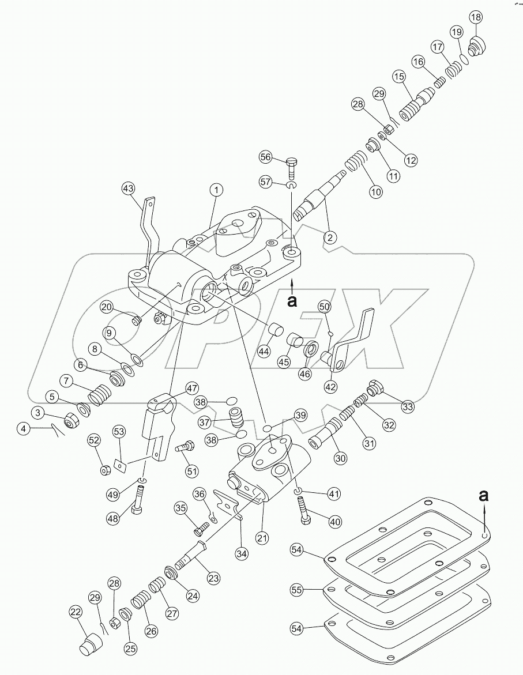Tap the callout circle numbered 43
[x=129, y=188]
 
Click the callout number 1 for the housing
[x=216, y=189]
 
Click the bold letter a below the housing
[x=293, y=301]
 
